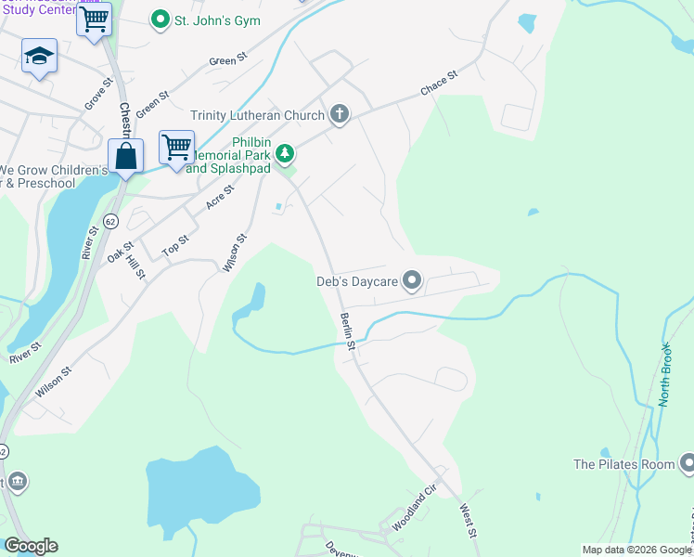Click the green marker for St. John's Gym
(161, 19)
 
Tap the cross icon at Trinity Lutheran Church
(340, 115)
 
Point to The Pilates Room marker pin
(688, 463)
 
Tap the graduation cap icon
(40, 57)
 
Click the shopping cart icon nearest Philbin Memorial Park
(176, 146)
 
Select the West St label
(469, 521)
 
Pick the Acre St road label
(220, 196)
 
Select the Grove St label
(98, 94)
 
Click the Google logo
(31, 546)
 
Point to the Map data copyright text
(636, 550)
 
